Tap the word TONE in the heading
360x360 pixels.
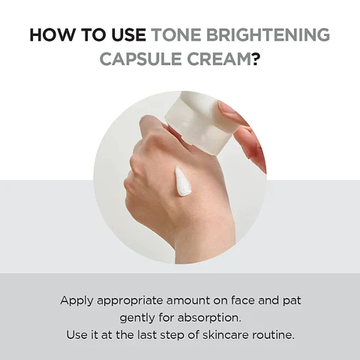tap(175, 35)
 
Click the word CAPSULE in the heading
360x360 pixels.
tap(141, 58)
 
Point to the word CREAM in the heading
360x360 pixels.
tap(218, 58)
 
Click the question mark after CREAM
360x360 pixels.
tap(256, 58)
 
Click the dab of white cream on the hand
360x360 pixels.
tap(182, 181)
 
